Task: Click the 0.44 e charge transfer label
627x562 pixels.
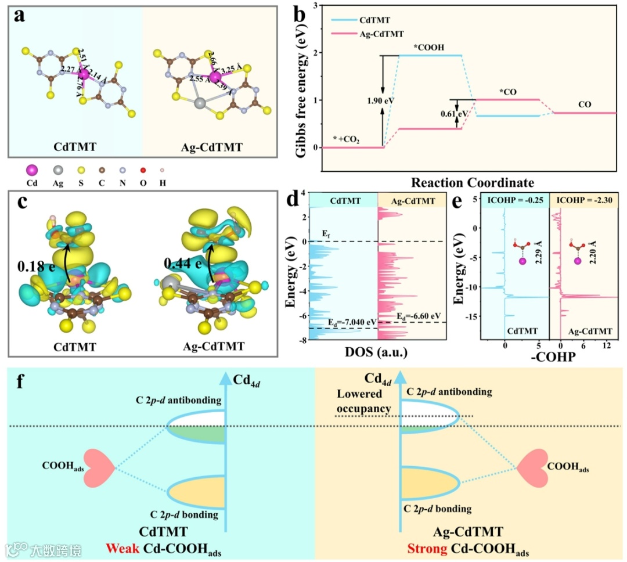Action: [x=178, y=264]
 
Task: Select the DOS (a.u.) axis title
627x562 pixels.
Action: [x=374, y=352]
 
